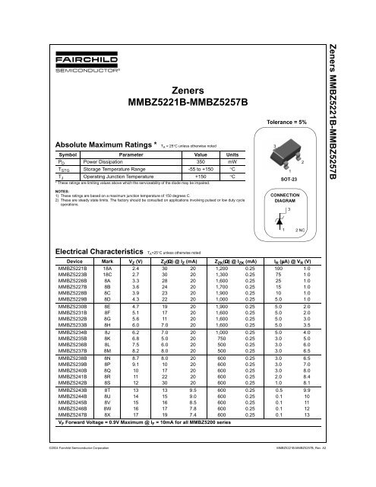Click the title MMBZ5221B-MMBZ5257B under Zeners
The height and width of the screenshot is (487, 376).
pos(188,102)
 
